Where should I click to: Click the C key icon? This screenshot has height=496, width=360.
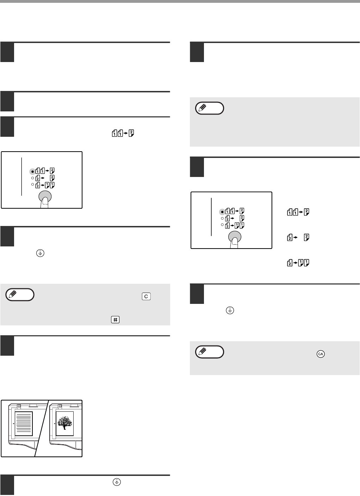click(146, 296)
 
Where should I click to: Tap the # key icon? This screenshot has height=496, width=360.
click(115, 320)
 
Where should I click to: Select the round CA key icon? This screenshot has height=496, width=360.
click(321, 354)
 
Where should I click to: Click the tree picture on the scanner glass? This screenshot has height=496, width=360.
click(64, 423)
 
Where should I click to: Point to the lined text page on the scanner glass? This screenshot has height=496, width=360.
click(24, 424)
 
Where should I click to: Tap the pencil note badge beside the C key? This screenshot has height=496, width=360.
click(20, 294)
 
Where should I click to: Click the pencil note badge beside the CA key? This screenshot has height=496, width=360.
click(210, 352)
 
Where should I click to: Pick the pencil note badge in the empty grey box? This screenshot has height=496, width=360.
click(210, 108)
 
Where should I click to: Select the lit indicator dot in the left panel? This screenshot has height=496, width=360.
click(32, 172)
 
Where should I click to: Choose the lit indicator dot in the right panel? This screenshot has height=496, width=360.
click(222, 212)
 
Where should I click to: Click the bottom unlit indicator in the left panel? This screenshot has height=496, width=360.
click(32, 184)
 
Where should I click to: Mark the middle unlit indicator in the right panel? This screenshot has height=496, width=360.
click(222, 218)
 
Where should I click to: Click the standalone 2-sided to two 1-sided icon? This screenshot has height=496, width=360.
click(298, 263)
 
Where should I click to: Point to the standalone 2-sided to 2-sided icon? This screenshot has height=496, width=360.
click(298, 237)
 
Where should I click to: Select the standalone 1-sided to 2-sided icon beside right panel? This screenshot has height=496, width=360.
click(298, 212)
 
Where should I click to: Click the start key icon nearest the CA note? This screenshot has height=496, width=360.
click(230, 311)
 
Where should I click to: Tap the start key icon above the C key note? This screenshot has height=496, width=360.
click(40, 253)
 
